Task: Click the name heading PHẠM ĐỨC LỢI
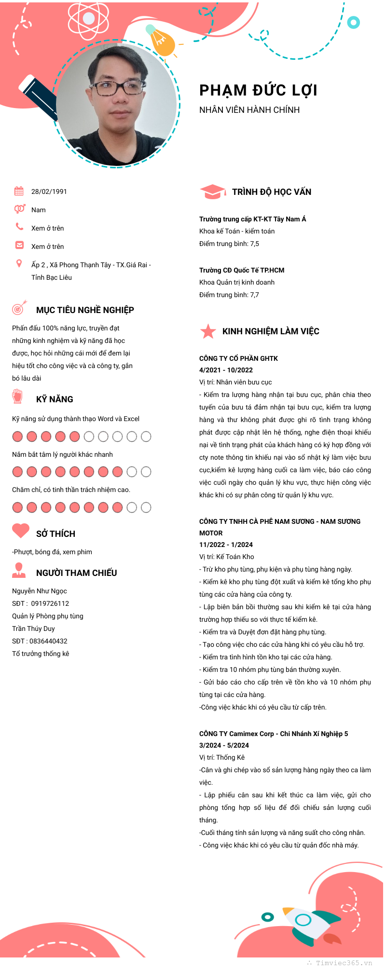pos(258,90)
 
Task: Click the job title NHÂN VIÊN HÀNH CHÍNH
pos(249,110)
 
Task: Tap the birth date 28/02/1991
pos(49,191)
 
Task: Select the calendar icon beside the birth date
pos(19,191)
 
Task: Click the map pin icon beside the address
pos(19,263)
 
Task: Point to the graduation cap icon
pos(212,191)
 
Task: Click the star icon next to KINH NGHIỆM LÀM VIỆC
pos(208,331)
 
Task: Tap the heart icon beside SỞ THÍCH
pos(21,531)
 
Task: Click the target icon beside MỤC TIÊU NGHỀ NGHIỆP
pos(19,307)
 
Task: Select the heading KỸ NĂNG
pos(55,399)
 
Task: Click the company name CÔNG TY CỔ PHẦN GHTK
pos(238,358)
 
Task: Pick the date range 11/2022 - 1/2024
pos(226,545)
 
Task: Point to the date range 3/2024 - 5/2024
pos(224,745)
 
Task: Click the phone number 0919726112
pos(50,603)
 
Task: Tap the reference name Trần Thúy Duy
pos(33,628)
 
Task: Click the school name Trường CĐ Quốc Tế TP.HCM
pos(242,270)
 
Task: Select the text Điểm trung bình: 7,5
pos(229,244)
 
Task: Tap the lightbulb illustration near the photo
pos(161,41)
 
